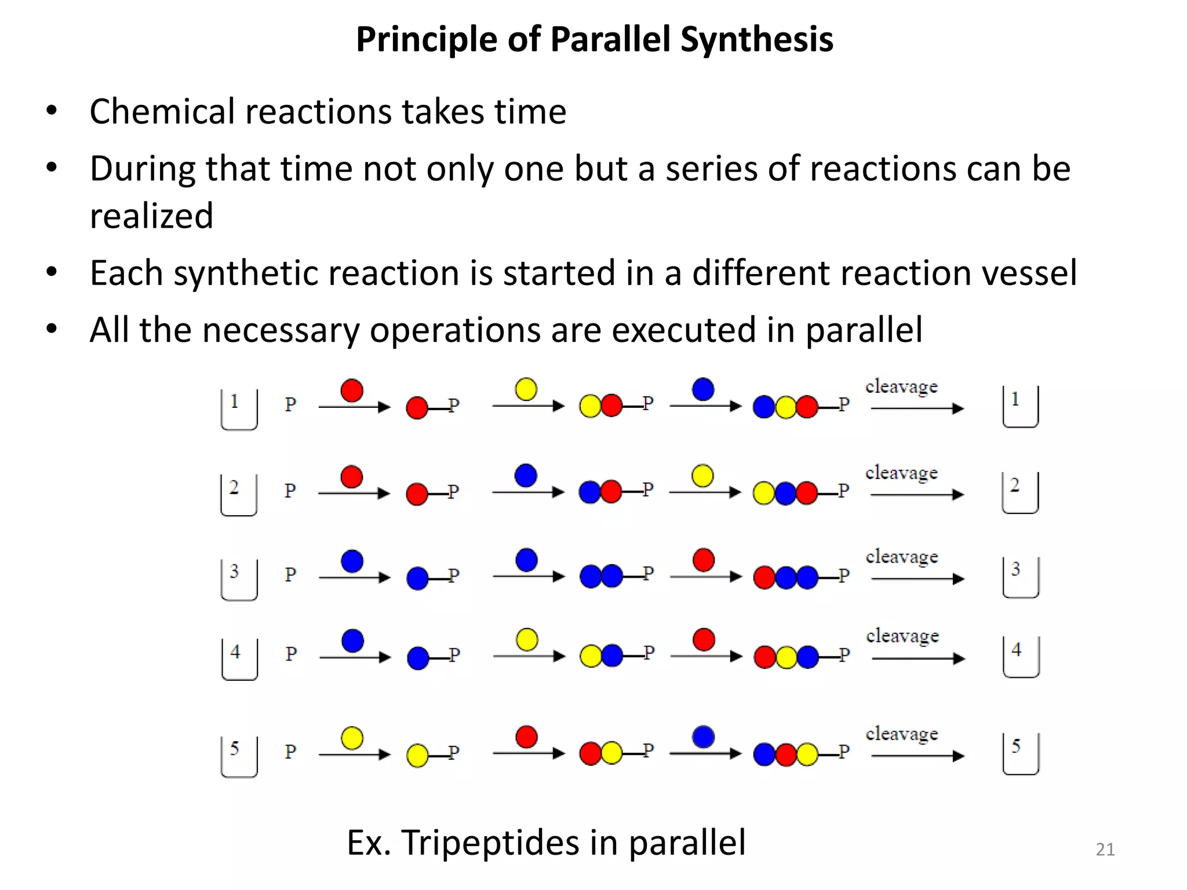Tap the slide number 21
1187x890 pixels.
pyautogui.click(x=1105, y=849)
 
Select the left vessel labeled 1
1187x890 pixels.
pyautogui.click(x=239, y=409)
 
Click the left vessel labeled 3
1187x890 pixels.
pyautogui.click(x=239, y=579)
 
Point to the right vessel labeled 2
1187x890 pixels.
pyautogui.click(x=1020, y=493)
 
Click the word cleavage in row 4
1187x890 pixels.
pyautogui.click(x=902, y=636)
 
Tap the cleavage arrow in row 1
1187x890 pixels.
pyautogui.click(x=917, y=408)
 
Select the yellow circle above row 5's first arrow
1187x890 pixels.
pyautogui.click(x=352, y=738)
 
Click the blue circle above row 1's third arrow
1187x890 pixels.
pyautogui.click(x=703, y=389)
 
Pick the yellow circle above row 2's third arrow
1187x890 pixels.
pyautogui.click(x=702, y=476)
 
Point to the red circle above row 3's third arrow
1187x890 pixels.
pyautogui.click(x=704, y=560)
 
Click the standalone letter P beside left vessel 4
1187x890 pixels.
pyautogui.click(x=291, y=654)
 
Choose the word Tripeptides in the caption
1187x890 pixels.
pyautogui.click(x=490, y=842)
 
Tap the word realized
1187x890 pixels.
pyautogui.click(x=152, y=216)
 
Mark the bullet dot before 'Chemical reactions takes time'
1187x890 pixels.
pyautogui.click(x=52, y=110)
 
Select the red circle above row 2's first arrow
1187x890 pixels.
pyautogui.click(x=352, y=477)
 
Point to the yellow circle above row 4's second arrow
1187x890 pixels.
pyautogui.click(x=527, y=640)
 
